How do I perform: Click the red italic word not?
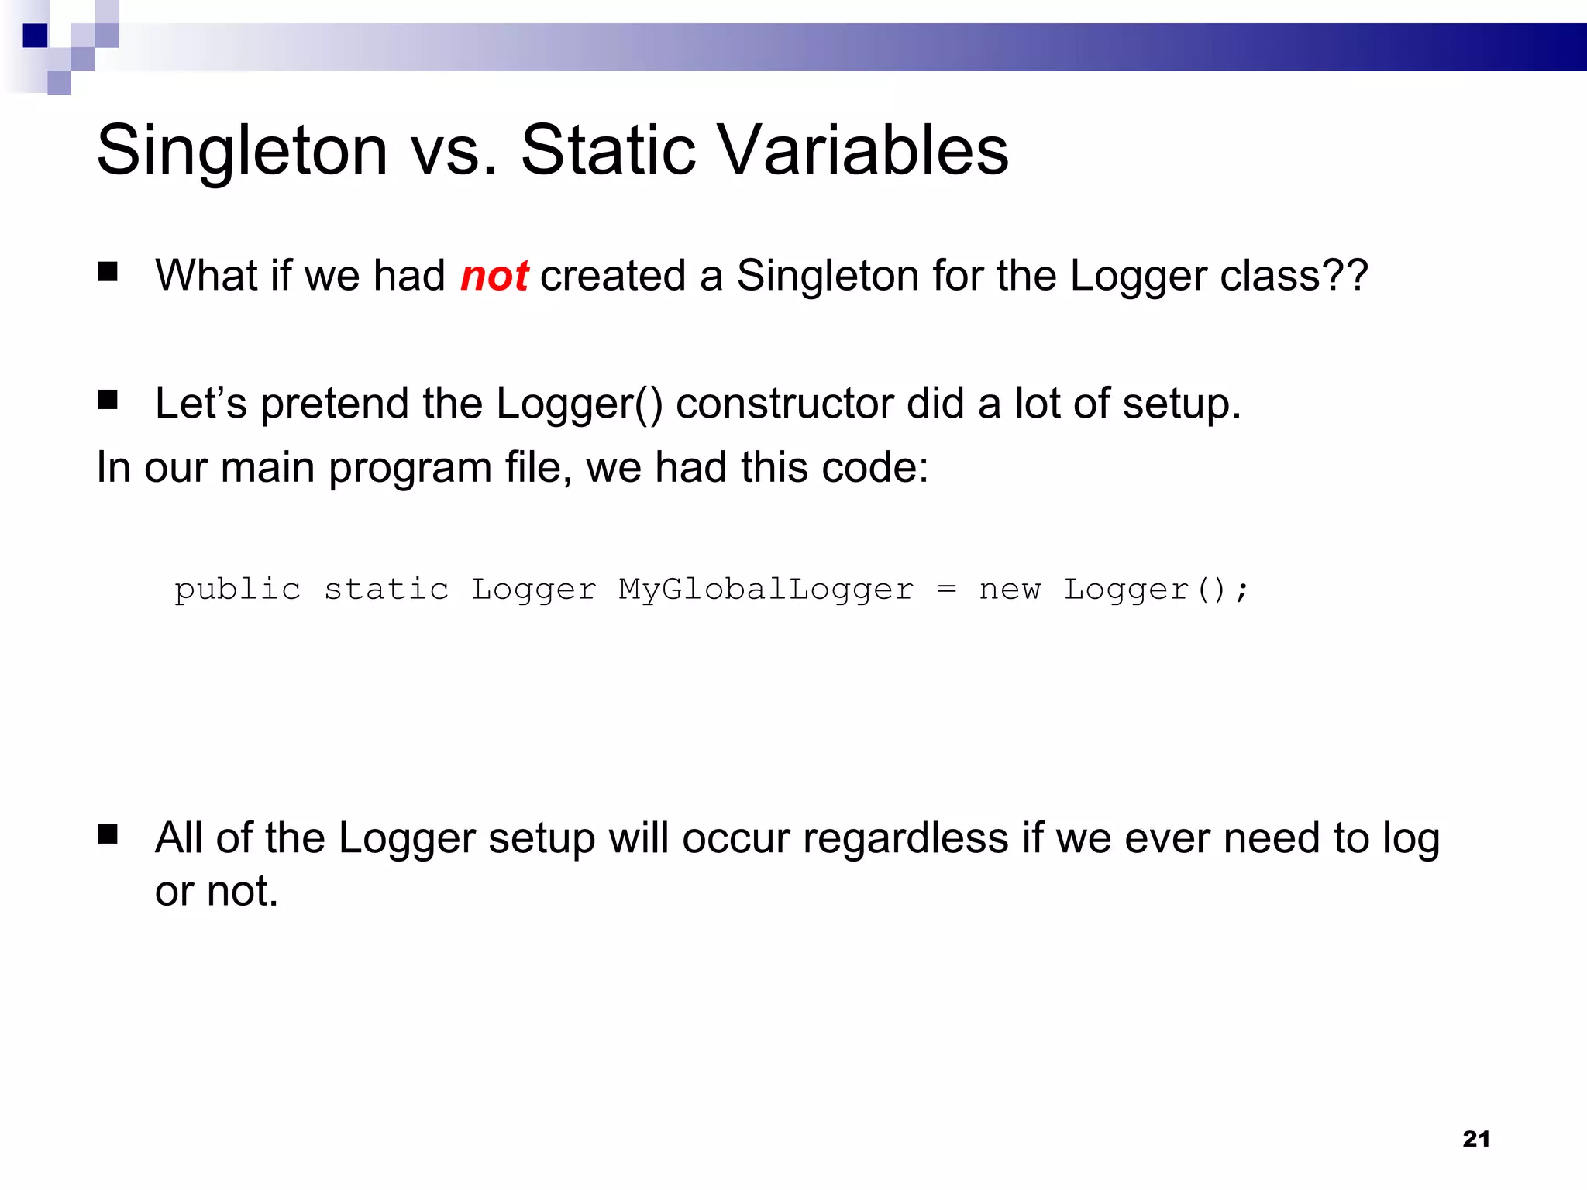pyautogui.click(x=494, y=277)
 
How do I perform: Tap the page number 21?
pyautogui.click(x=1475, y=1139)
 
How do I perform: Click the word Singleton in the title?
pyautogui.click(x=242, y=151)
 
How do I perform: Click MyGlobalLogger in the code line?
pyautogui.click(x=766, y=590)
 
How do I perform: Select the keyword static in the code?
pyautogui.click(x=386, y=590)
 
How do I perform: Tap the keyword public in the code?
pyautogui.click(x=237, y=590)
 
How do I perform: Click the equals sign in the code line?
pyautogui.click(x=946, y=590)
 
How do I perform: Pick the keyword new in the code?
pyautogui.click(x=1009, y=590)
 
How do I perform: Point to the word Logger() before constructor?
pyautogui.click(x=579, y=404)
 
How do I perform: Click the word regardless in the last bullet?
pyautogui.click(x=905, y=839)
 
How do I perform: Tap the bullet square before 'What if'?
pyautogui.click(x=108, y=272)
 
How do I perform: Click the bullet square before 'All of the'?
pyautogui.click(x=108, y=834)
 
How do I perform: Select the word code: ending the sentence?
pyautogui.click(x=874, y=469)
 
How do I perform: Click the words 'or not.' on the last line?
pyautogui.click(x=216, y=891)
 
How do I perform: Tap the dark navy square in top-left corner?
pyautogui.click(x=35, y=36)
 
